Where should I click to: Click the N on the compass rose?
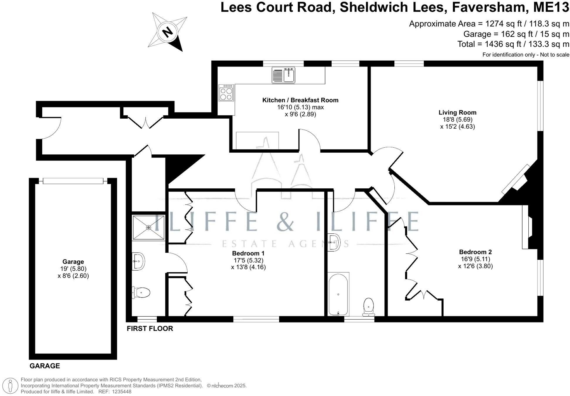coord(167,32)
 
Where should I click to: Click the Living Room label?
coord(457,112)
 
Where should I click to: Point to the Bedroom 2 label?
coord(475,252)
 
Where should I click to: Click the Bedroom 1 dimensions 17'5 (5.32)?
coord(248,260)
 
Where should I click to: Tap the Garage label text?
coord(73,262)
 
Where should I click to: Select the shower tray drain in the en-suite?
coord(149,228)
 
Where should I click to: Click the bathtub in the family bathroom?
coord(338,294)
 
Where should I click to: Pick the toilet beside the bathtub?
coord(368,306)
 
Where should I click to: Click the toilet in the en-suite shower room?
coord(142,292)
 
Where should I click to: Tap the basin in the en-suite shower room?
coord(138,260)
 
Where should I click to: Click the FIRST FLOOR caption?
coord(150,329)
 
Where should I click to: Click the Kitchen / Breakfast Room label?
coord(300,100)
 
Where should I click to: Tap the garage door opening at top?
coord(73,181)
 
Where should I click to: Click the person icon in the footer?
coord(11,385)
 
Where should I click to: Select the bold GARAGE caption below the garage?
coord(45,366)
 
